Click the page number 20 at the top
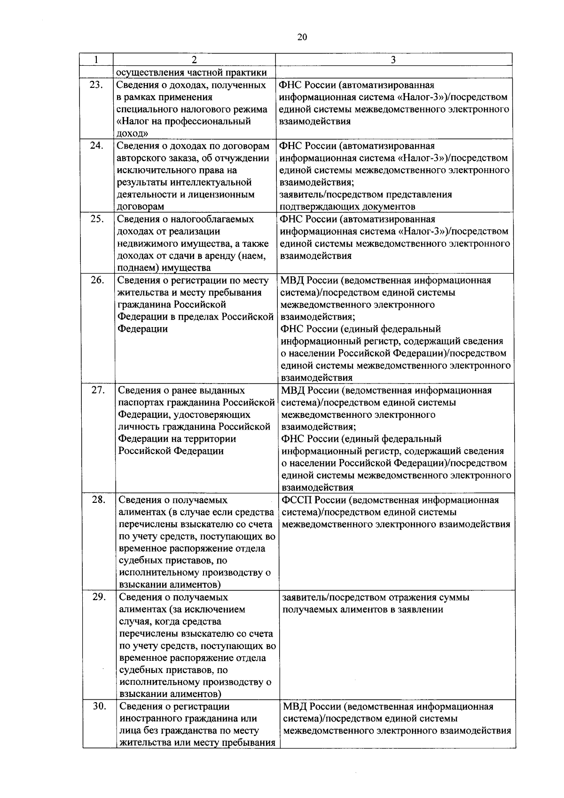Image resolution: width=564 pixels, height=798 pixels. (x=302, y=38)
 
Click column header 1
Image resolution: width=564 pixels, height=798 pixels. (x=96, y=60)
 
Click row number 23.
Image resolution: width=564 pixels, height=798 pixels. (x=96, y=85)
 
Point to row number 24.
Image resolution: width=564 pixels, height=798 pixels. (x=96, y=146)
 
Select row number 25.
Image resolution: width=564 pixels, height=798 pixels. (x=96, y=219)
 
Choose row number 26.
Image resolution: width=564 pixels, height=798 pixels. (x=97, y=280)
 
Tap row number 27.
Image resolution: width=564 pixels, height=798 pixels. (x=97, y=390)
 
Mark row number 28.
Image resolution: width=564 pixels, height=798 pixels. (x=98, y=500)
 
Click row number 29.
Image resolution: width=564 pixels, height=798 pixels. (x=99, y=597)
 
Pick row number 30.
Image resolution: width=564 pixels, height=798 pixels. (x=99, y=706)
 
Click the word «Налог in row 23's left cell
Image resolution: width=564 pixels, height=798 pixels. (x=133, y=122)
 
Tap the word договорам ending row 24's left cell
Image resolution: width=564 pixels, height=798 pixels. (x=140, y=207)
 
